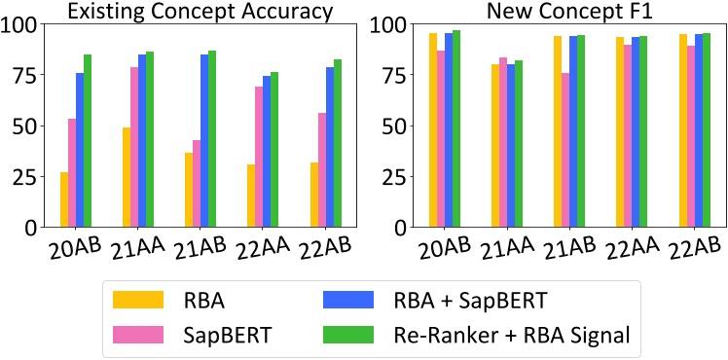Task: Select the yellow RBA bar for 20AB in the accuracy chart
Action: tap(64, 199)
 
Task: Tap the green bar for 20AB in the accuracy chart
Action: tap(88, 140)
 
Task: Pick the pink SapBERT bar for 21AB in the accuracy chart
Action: tap(197, 183)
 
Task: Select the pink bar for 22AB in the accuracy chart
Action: tap(321, 169)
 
